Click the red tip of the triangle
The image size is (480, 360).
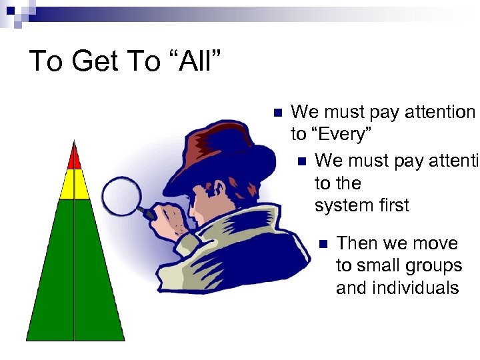[x=75, y=158]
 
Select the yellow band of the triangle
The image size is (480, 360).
[x=75, y=184]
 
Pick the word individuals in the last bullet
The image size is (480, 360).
[x=397, y=288]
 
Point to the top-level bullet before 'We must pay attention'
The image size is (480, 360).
[x=279, y=112]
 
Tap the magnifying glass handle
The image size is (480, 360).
[x=143, y=211]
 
